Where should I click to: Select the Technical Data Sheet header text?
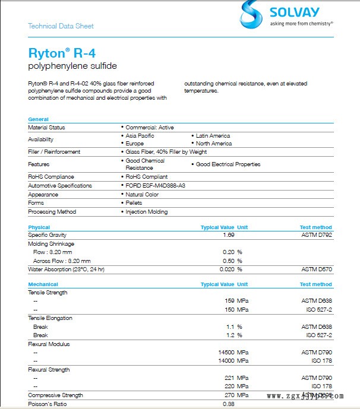coord(61,26)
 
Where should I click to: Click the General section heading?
coord(38,119)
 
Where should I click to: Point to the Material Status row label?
coord(46,128)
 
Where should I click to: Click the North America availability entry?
coord(213,144)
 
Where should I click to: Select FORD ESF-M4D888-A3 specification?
coord(155,186)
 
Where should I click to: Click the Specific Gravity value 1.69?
coord(228,235)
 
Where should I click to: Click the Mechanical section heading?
coord(43,284)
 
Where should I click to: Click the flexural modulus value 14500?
coord(226,353)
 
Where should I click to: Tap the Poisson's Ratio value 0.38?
coord(228,404)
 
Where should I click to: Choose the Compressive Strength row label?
coord(55,395)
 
